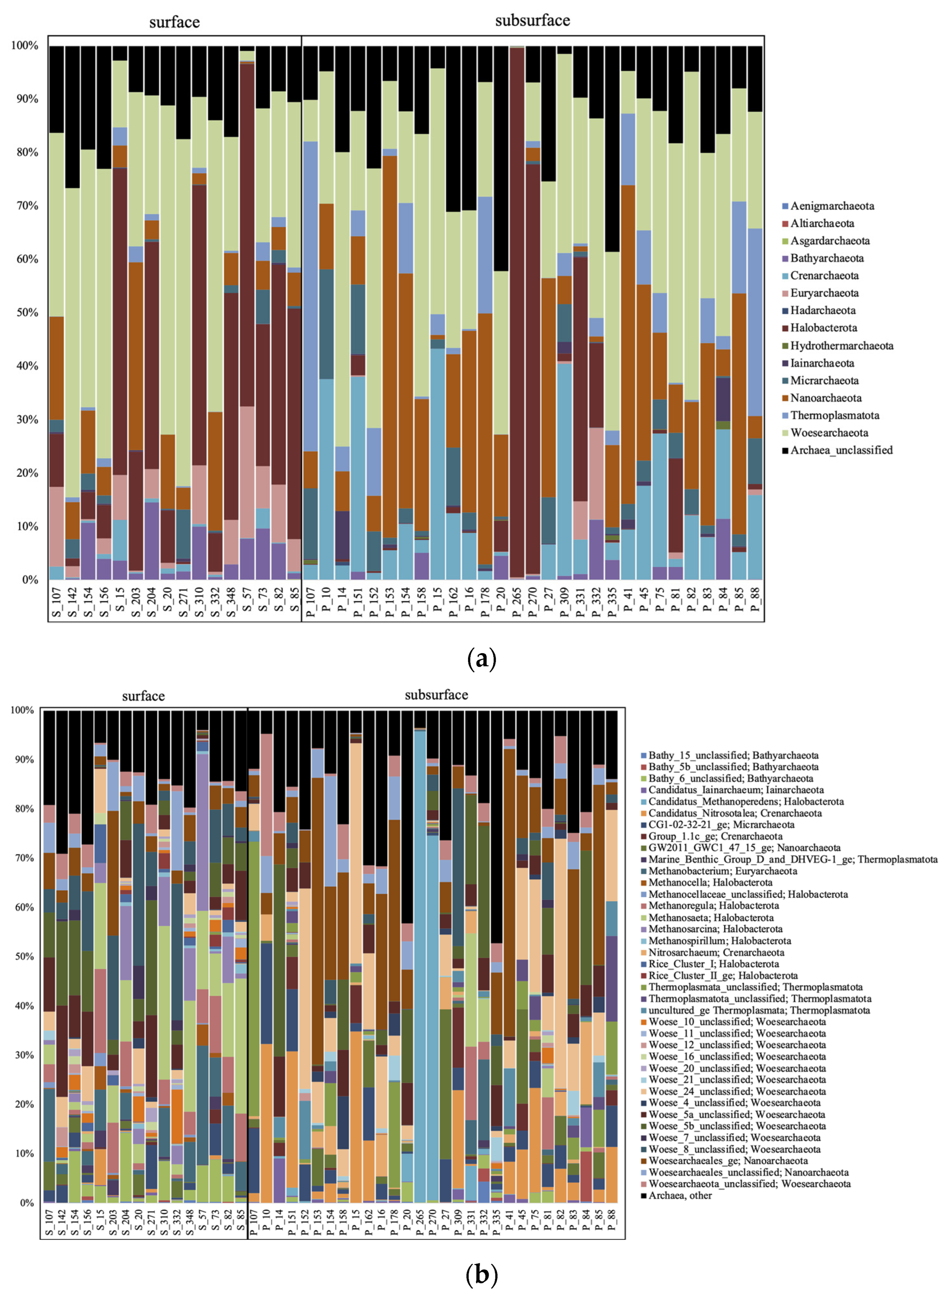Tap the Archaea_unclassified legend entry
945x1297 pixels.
point(841,450)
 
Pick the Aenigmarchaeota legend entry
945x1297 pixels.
point(832,206)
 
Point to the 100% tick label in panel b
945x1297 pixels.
point(22,710)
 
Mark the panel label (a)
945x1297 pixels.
point(482,660)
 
